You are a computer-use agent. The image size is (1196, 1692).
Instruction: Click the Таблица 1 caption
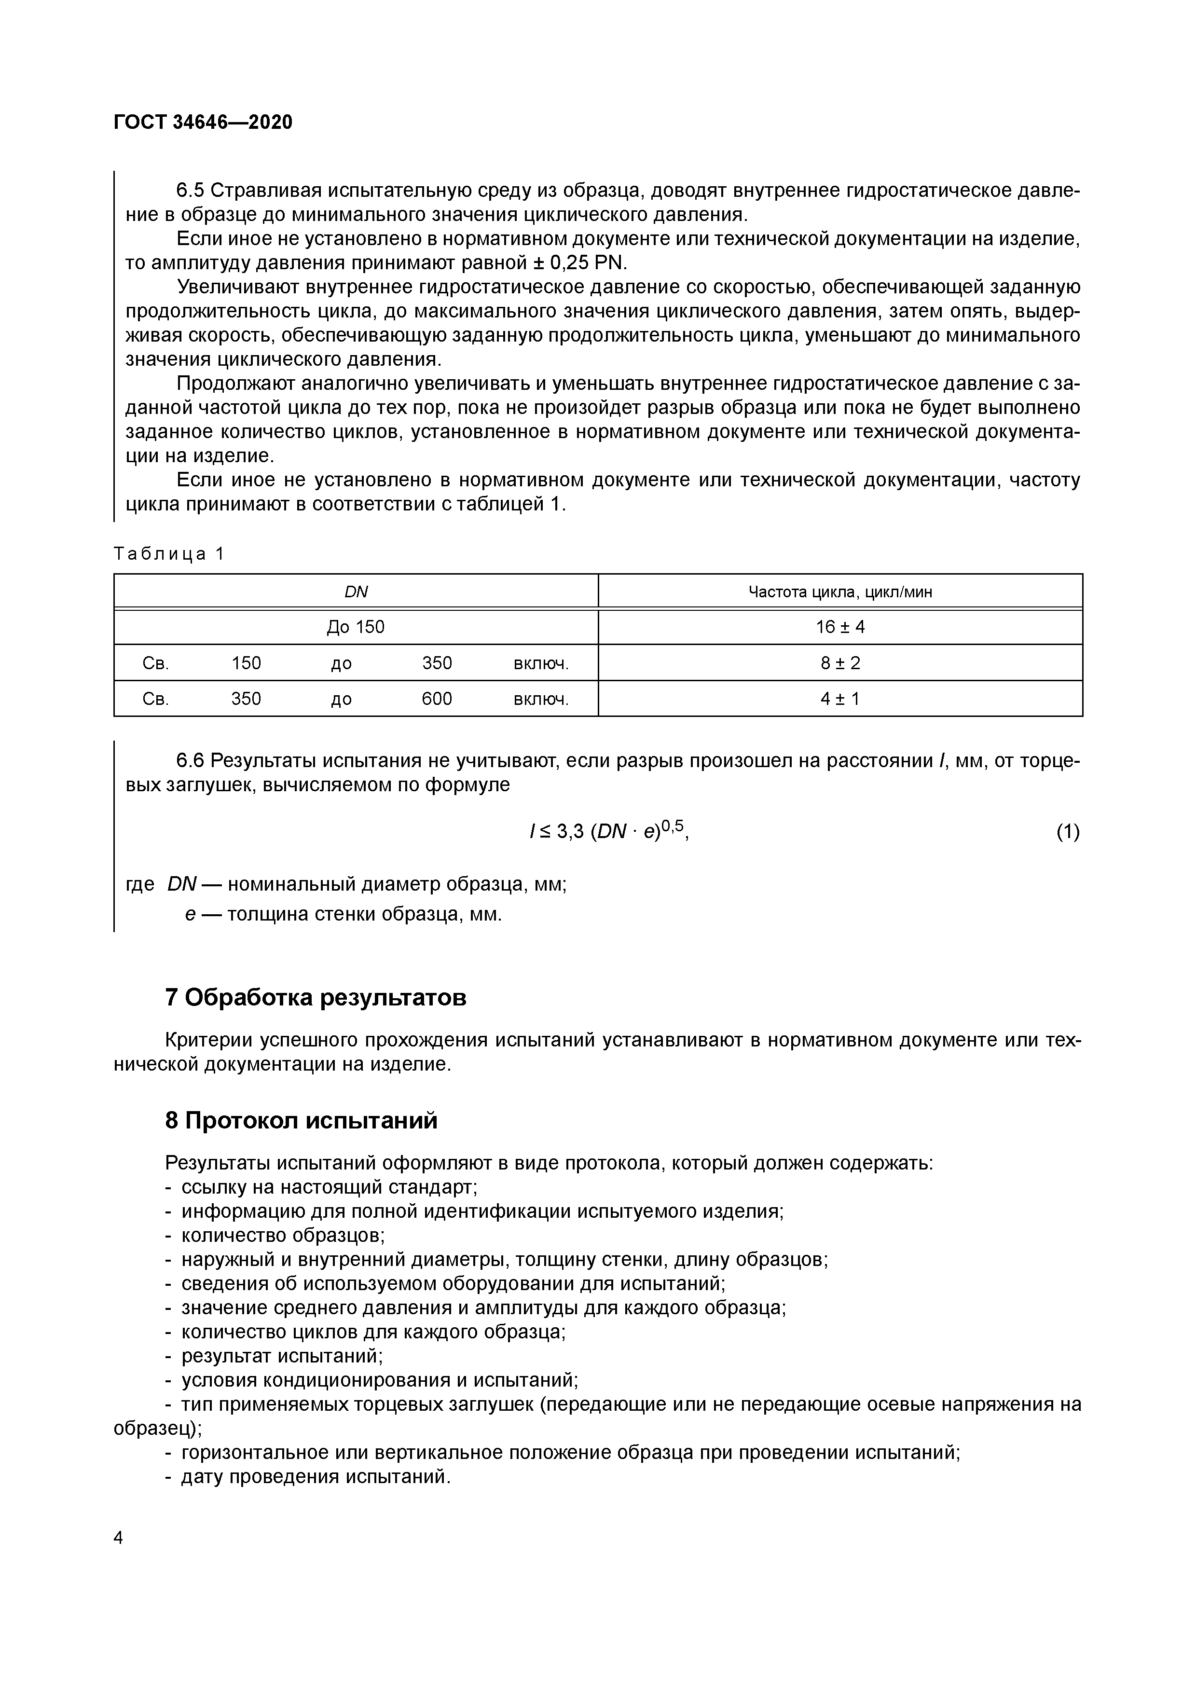coord(169,554)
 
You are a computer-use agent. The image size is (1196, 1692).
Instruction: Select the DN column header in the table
coord(356,592)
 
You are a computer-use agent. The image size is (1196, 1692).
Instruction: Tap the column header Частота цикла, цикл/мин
coord(840,592)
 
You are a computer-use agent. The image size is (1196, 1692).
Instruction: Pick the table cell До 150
coord(356,627)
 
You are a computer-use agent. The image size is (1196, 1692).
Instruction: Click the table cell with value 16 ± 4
coord(840,627)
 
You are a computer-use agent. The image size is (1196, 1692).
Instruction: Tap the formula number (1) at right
coord(1068,832)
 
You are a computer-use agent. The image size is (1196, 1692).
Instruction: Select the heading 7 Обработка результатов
coord(316,998)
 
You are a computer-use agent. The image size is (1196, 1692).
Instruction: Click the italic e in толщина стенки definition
coord(190,915)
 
